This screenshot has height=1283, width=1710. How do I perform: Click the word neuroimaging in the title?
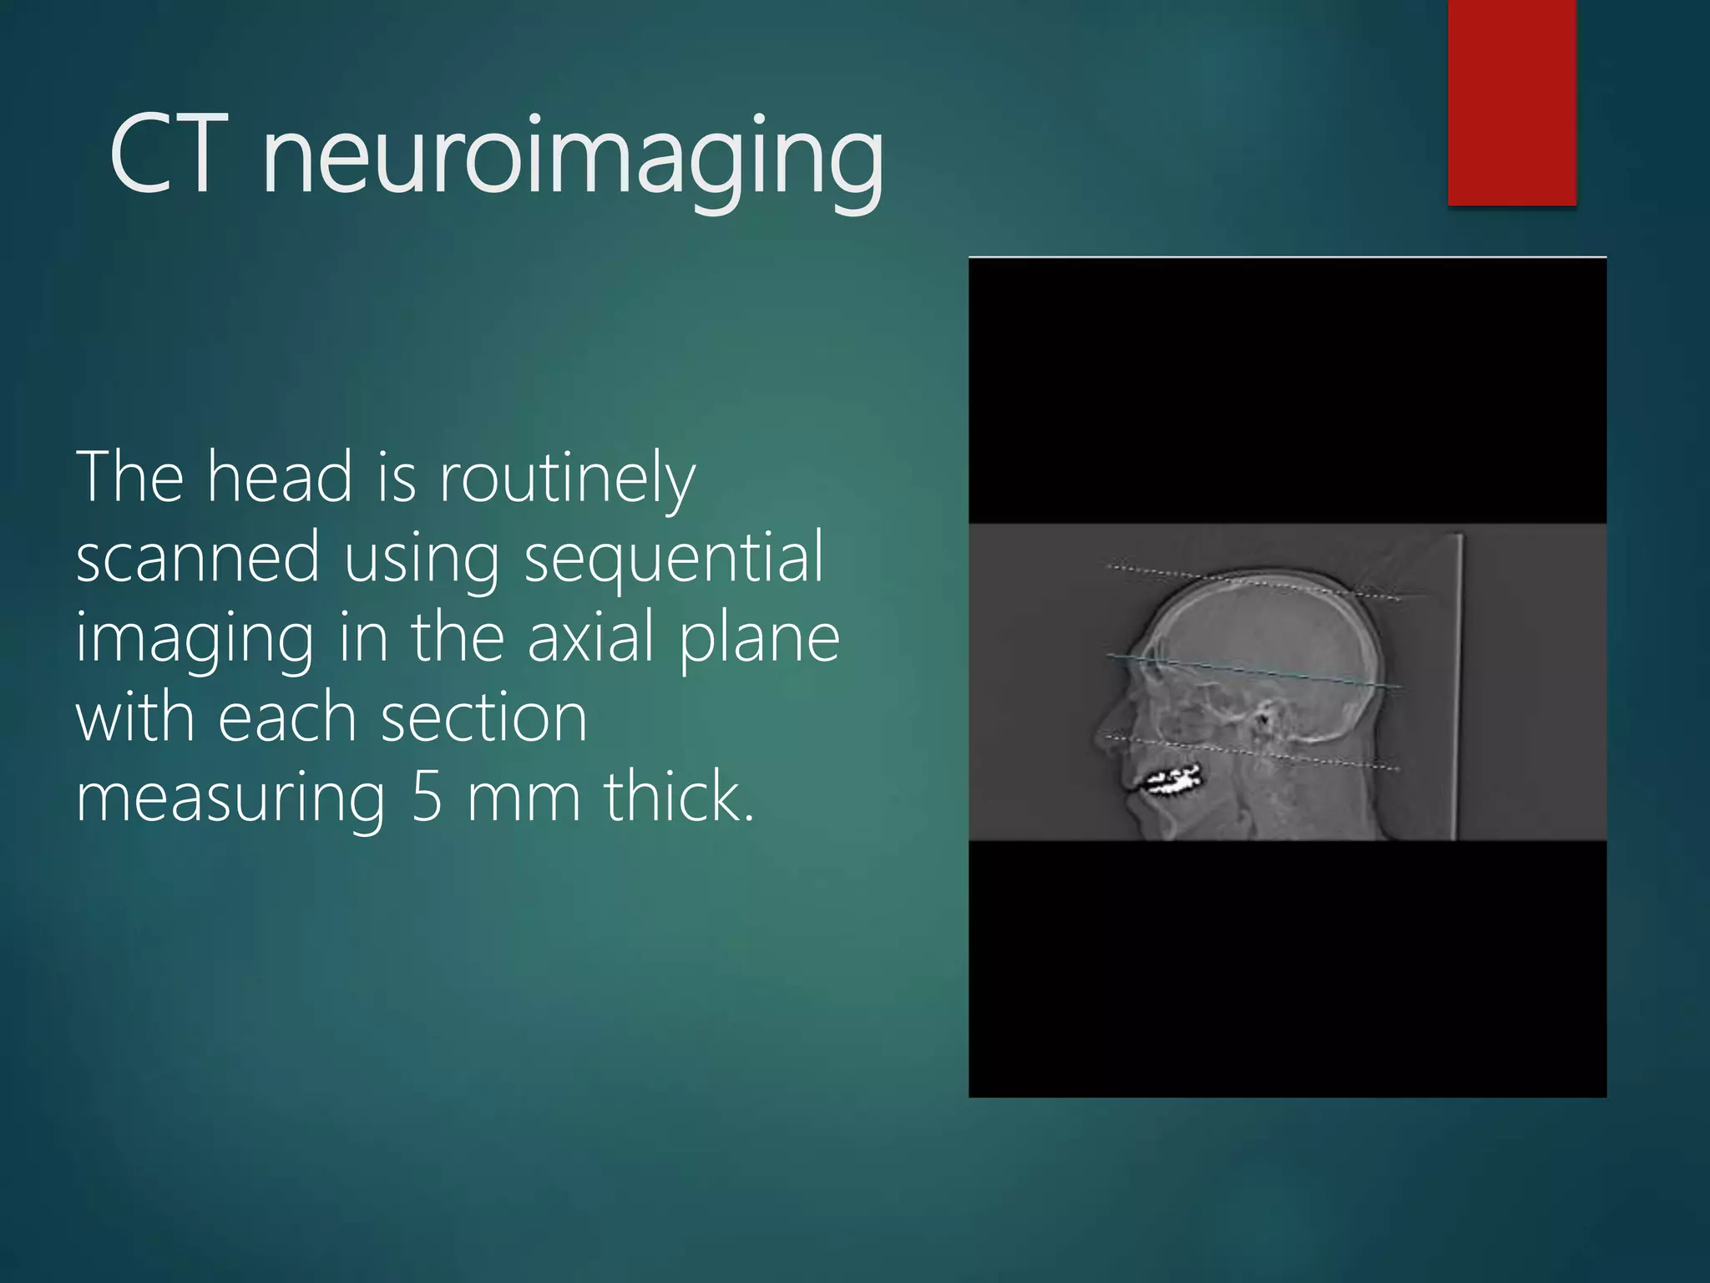(573, 159)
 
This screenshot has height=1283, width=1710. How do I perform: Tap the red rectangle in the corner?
(1511, 102)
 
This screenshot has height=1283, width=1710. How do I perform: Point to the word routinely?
(567, 480)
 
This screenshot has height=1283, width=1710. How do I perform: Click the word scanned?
(198, 557)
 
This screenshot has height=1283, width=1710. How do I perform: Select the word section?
(484, 718)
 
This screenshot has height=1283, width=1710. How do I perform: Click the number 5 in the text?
(427, 797)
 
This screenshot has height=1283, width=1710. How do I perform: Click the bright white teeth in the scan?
(1174, 781)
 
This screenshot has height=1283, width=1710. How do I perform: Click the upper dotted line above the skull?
(1252, 582)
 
